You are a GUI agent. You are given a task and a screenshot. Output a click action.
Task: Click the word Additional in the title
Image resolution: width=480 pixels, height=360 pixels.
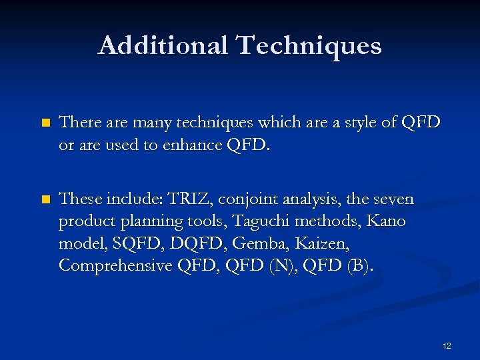click(163, 45)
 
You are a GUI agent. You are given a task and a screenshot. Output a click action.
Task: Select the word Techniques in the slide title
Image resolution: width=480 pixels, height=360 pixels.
click(309, 45)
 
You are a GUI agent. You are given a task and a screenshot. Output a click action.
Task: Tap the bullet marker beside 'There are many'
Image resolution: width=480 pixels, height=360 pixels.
click(45, 123)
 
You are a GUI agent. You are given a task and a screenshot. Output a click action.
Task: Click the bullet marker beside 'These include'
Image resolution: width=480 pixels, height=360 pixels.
click(45, 200)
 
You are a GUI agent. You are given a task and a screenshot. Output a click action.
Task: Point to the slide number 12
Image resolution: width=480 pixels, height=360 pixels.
click(446, 345)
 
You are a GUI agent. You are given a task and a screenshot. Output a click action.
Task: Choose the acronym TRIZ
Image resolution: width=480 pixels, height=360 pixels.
click(191, 199)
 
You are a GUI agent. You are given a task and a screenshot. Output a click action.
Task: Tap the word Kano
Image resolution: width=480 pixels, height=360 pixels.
click(386, 221)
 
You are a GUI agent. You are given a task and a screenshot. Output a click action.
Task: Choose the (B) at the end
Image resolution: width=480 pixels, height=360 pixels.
click(359, 265)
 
